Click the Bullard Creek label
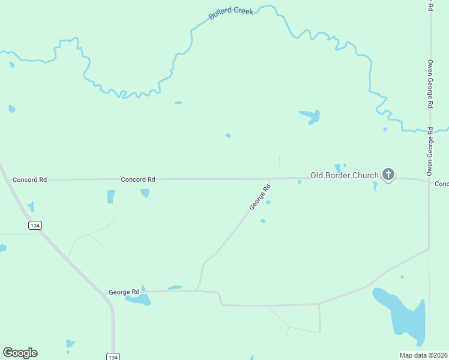[x=231, y=13]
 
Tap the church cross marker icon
[x=388, y=175]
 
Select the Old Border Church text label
[x=344, y=175]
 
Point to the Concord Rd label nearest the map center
[x=138, y=179]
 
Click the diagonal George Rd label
[x=261, y=197]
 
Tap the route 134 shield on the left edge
[x=34, y=224]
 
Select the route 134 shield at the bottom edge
[x=113, y=356]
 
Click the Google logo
[x=20, y=353]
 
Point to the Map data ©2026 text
[x=424, y=355]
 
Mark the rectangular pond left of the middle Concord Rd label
[x=111, y=196]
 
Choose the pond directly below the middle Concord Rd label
[x=145, y=193]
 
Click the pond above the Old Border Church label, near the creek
[x=310, y=115]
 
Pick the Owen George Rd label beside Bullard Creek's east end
[x=430, y=84]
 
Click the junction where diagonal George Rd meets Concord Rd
[x=270, y=179]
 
